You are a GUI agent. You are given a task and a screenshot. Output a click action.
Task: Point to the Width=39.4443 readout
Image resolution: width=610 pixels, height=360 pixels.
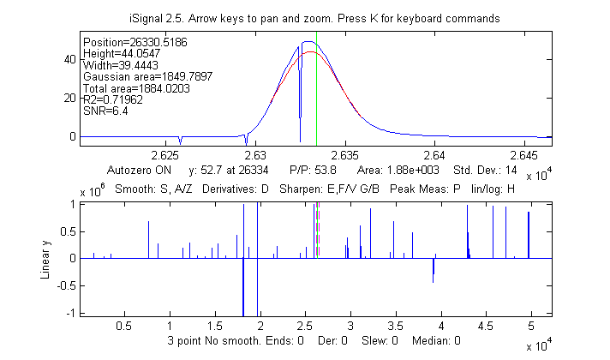tap(114, 64)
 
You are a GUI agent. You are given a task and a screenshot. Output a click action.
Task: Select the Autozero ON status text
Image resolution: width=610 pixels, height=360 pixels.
tap(140, 170)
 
